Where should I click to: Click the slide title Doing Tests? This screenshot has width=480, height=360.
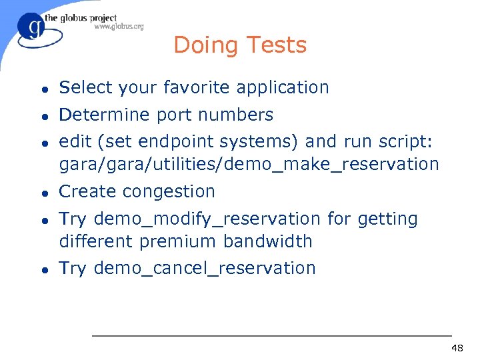240,45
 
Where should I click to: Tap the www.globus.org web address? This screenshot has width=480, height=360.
119,27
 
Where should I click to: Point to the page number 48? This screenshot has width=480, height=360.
457,349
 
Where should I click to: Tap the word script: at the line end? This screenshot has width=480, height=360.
404,142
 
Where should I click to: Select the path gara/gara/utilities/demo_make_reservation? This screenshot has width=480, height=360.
249,164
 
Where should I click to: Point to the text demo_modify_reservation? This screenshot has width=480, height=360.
207,219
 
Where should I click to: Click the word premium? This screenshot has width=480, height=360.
182,241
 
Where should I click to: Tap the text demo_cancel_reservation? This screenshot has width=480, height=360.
205,268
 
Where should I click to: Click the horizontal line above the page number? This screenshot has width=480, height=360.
271,335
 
